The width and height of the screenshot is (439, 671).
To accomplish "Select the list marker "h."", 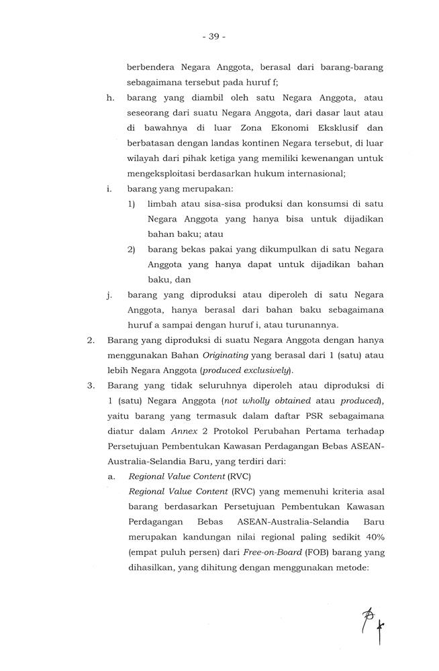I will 110,97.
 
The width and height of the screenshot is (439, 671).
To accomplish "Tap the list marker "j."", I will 109,294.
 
